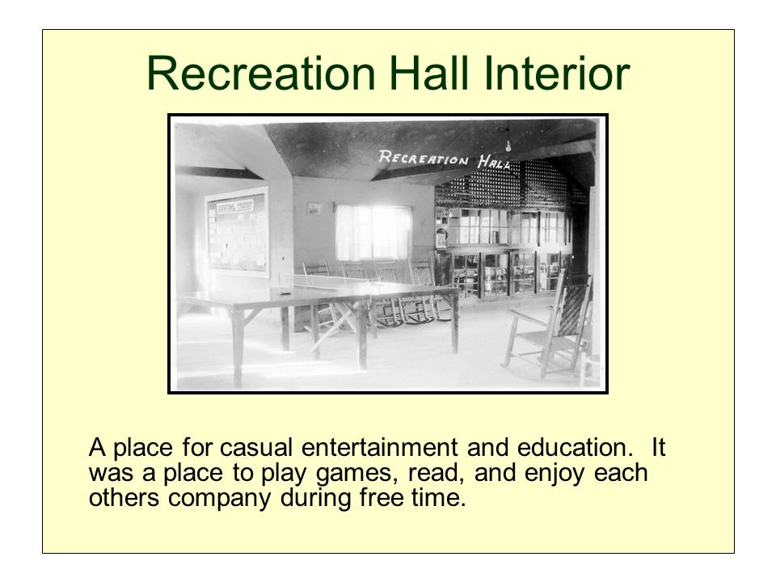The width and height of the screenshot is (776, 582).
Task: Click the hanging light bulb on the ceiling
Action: click(x=508, y=145)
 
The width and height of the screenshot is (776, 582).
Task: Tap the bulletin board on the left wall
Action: click(x=237, y=230)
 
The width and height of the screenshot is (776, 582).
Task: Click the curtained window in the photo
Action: click(x=373, y=232)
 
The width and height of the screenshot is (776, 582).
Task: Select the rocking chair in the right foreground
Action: click(x=550, y=327)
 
